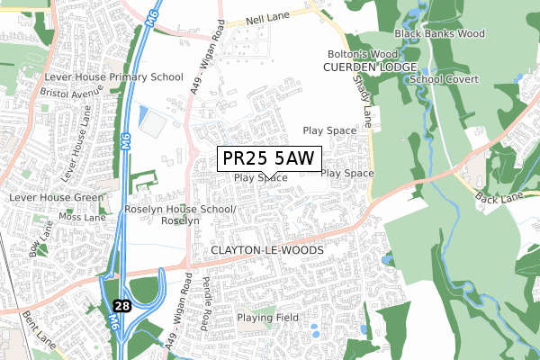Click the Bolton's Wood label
370,55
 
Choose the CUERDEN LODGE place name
371,68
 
